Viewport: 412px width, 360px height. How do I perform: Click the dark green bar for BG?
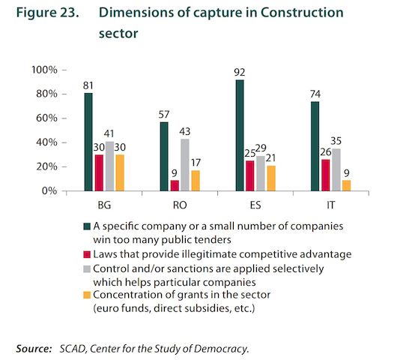88,142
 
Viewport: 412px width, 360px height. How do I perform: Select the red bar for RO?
175,185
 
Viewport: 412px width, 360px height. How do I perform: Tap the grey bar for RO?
185,165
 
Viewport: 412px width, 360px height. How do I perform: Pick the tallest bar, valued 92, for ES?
240,135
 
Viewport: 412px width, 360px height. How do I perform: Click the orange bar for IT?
347,185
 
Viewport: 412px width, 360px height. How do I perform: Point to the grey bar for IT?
336,169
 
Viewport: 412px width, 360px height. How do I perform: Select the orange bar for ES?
271,178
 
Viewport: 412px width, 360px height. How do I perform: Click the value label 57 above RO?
164,115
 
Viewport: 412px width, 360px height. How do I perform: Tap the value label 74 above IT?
315,94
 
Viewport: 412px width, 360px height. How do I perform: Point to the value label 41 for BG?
109,133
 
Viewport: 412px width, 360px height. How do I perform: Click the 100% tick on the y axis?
64,70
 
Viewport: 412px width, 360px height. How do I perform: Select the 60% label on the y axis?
46,118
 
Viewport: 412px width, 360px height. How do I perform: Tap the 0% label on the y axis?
49,190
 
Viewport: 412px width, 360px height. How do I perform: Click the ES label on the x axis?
255,205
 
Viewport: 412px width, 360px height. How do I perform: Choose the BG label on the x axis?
104,205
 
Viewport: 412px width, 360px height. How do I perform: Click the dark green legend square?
87,226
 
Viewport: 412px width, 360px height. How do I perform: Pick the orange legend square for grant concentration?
87,295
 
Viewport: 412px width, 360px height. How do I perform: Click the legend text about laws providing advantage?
222,254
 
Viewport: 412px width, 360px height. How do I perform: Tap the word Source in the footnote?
34,349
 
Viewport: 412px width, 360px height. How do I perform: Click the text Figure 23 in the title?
47,13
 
